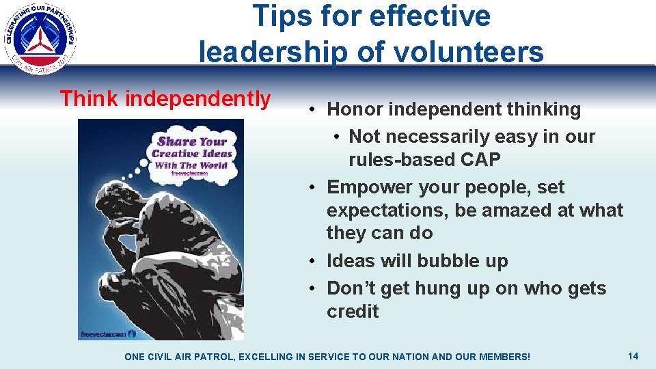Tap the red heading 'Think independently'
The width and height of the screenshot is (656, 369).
(x=165, y=99)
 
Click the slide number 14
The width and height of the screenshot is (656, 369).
(x=633, y=356)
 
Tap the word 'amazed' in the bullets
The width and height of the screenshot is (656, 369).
(x=510, y=210)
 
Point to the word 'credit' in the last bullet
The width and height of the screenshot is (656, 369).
(x=353, y=312)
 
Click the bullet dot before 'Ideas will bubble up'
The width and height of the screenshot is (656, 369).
(x=311, y=262)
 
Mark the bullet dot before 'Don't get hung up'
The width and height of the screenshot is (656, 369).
(x=311, y=289)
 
